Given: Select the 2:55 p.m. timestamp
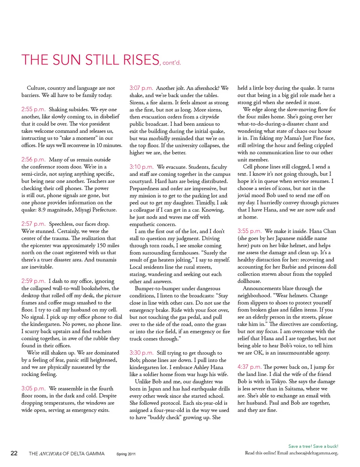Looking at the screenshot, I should coord(33,109).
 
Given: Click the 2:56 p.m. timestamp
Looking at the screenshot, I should coord(33,160).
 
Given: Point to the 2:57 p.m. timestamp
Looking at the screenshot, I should coord(33,224).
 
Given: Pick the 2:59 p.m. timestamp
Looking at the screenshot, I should coord(33,281).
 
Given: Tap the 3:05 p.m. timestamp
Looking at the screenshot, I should coord(33,389).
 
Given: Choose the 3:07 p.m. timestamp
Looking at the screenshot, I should coord(141,88).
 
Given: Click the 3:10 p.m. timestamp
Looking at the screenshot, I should coord(141,167).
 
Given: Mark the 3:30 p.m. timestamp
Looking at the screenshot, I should coord(141,353).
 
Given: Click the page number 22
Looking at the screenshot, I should coord(14,453).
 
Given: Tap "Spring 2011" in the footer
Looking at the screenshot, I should coord(126,454).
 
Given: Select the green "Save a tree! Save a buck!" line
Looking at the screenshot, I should coord(313,446).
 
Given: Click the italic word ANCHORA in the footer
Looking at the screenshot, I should coord(50,454).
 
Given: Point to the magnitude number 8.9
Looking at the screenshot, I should coord(42,210).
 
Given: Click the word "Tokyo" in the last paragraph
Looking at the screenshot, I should coord(279,382).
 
